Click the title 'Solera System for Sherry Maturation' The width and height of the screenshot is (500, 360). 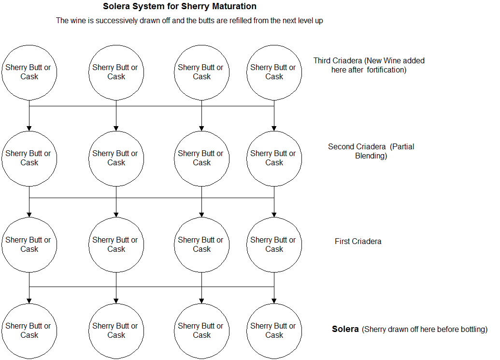pyautogui.click(x=180, y=7)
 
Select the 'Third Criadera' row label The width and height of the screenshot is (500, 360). pyautogui.click(x=338, y=61)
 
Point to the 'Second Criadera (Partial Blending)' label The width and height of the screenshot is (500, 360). pyautogui.click(x=371, y=151)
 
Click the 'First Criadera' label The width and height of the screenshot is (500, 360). pyautogui.click(x=358, y=241)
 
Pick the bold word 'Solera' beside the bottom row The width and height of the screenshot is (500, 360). pyautogui.click(x=345, y=329)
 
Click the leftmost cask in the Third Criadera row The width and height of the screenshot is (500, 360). pyautogui.click(x=29, y=72)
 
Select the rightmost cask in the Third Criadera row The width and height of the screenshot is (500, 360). pyautogui.click(x=274, y=72)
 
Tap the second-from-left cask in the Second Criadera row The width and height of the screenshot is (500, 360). pyautogui.click(x=116, y=158)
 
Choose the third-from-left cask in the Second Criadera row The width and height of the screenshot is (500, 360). pyautogui.click(x=201, y=158)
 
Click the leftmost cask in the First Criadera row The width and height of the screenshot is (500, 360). pyautogui.click(x=29, y=245)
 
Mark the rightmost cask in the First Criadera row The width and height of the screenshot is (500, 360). pyautogui.click(x=274, y=245)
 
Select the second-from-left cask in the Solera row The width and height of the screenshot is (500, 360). pyautogui.click(x=116, y=331)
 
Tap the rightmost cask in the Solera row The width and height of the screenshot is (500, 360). pyautogui.click(x=274, y=331)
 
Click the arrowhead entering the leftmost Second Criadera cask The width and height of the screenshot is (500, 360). pyautogui.click(x=29, y=128)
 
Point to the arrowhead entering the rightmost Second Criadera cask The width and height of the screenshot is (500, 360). pyautogui.click(x=274, y=128)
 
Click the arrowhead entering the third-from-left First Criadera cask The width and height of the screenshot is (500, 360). pyautogui.click(x=201, y=214)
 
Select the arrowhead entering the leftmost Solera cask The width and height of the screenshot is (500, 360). pyautogui.click(x=29, y=301)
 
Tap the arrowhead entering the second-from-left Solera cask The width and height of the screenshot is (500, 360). pyautogui.click(x=116, y=301)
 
